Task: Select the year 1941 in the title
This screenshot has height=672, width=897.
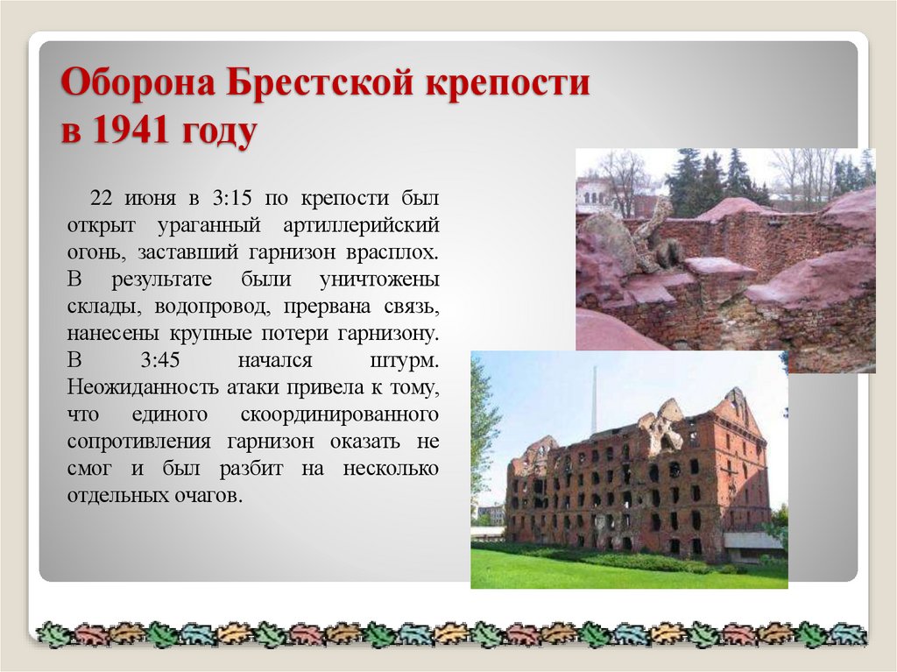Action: tap(131, 133)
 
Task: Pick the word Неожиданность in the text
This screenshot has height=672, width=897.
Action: tap(141, 388)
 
